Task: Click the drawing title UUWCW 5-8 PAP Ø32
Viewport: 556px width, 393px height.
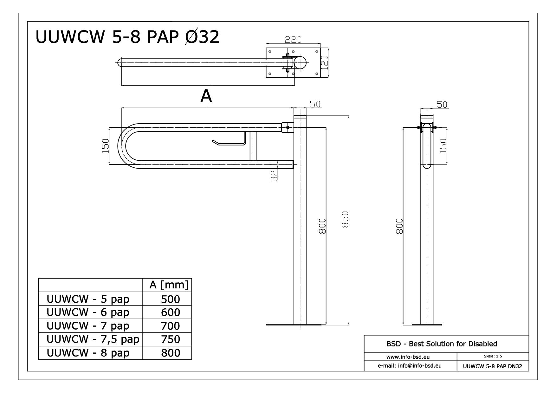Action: [x=127, y=37]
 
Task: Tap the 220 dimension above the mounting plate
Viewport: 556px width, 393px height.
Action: [x=293, y=40]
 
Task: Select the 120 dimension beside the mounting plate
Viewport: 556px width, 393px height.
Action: [x=324, y=62]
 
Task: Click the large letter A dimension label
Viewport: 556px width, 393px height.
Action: [x=206, y=96]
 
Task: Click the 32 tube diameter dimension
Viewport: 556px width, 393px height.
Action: [x=275, y=176]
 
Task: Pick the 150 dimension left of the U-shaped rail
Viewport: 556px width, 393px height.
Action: [x=105, y=146]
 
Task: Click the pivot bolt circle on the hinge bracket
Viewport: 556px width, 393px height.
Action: [x=288, y=127]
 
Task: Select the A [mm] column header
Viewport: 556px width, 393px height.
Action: [x=169, y=285]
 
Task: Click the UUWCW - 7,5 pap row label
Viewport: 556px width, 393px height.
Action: [x=93, y=339]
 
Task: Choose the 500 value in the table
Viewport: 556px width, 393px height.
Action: [x=170, y=299]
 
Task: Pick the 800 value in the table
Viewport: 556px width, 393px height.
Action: [x=170, y=353]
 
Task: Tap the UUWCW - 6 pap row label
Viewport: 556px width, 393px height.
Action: [x=88, y=312]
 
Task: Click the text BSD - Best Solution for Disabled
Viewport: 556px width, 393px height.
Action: [x=442, y=344]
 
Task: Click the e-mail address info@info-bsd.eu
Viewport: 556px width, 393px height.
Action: [x=410, y=365]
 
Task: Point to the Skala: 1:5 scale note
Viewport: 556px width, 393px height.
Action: [x=493, y=356]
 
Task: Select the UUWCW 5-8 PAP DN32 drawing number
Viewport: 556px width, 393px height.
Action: [x=492, y=366]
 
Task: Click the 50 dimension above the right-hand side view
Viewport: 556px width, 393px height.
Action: [x=442, y=104]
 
